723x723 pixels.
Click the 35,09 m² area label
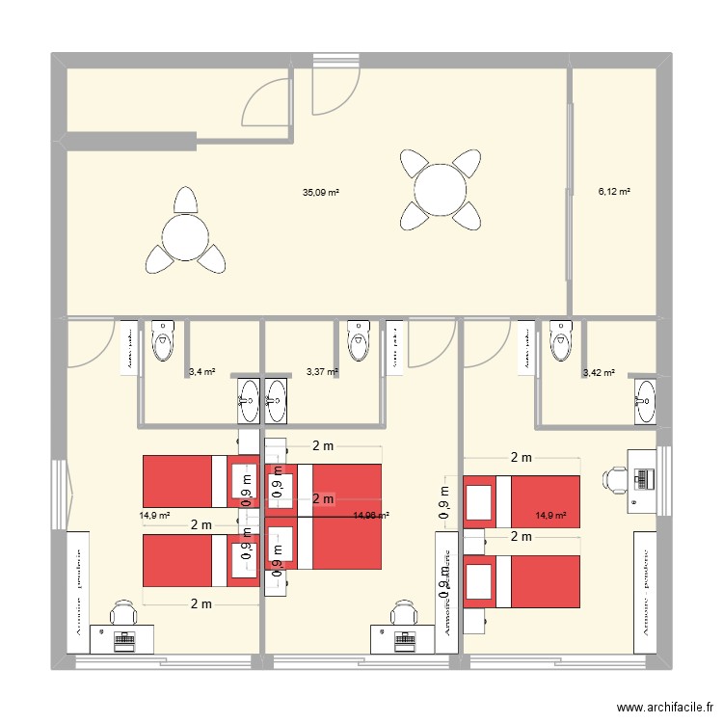(321, 193)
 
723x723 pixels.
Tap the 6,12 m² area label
(614, 192)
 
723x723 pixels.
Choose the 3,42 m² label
(599, 371)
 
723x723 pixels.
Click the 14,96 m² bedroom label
(371, 516)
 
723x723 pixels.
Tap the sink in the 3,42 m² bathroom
(645, 401)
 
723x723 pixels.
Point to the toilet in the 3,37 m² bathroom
(358, 340)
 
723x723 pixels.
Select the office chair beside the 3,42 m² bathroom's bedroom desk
(616, 478)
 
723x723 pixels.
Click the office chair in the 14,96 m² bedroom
(403, 611)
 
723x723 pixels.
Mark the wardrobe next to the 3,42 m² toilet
(527, 347)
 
